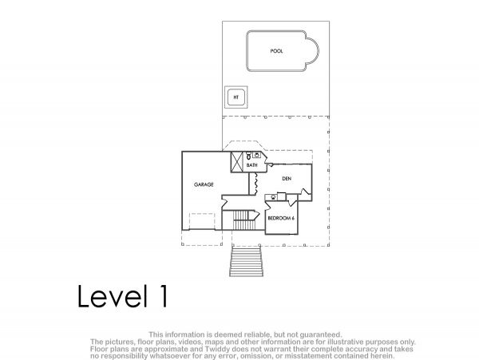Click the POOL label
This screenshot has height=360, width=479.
[x=276, y=51]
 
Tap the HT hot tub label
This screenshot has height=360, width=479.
[x=236, y=97]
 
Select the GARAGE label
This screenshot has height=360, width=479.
[x=204, y=184]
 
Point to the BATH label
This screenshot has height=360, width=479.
[x=252, y=165]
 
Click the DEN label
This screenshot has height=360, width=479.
[x=287, y=179]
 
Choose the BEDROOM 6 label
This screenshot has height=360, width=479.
[x=281, y=219]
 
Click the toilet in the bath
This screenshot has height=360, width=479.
[x=248, y=156]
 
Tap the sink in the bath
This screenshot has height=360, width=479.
[x=256, y=155]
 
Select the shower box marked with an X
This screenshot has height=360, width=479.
[x=237, y=162]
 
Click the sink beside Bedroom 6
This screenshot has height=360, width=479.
[x=273, y=197]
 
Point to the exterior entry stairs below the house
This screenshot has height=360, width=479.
[x=246, y=261]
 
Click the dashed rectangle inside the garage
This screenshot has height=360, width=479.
[x=202, y=221]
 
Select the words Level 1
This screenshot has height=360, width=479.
[x=122, y=296]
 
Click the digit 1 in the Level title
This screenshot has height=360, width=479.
[x=164, y=296]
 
